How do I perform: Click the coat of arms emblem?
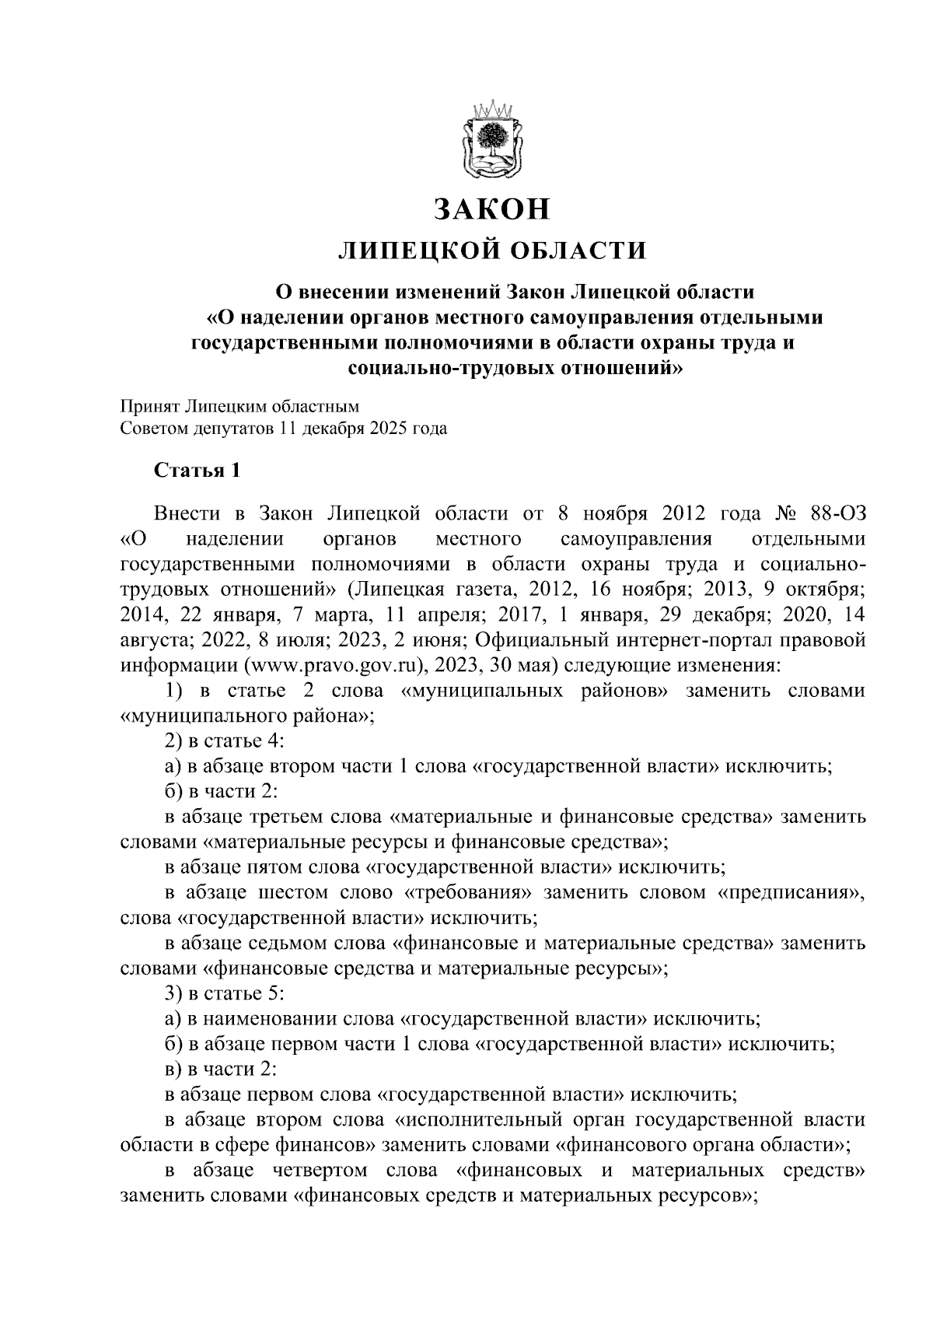(491, 139)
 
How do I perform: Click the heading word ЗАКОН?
(491, 209)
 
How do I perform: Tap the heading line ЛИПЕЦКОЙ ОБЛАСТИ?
(491, 250)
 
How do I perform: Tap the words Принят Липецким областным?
(239, 406)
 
